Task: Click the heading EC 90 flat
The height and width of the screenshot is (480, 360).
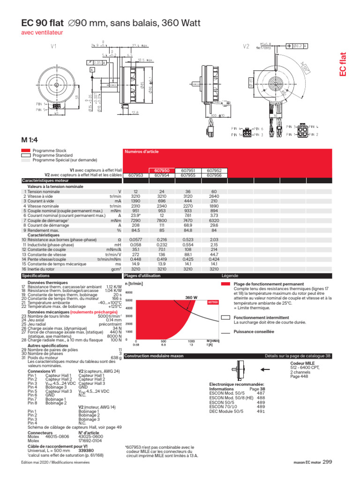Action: pos(42,23)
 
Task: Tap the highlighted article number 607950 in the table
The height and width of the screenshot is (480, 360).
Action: pos(162,170)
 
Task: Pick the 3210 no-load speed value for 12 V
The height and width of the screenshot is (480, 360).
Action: pos(136,196)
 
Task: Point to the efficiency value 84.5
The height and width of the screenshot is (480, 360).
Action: pos(136,230)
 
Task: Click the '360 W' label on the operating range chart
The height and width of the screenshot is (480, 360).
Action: pos(191,298)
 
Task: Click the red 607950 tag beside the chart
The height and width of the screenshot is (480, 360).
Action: pos(213,302)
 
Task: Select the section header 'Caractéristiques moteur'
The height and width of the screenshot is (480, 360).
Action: pos(45,180)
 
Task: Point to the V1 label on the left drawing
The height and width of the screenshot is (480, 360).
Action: pos(53,46)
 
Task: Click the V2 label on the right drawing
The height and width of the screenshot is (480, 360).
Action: pos(246,46)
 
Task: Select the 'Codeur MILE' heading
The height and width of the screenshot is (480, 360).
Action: pos(302,363)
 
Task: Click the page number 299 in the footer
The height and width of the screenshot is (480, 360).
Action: pos(327,462)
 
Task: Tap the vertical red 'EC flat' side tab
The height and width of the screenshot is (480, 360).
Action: pos(343,64)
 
